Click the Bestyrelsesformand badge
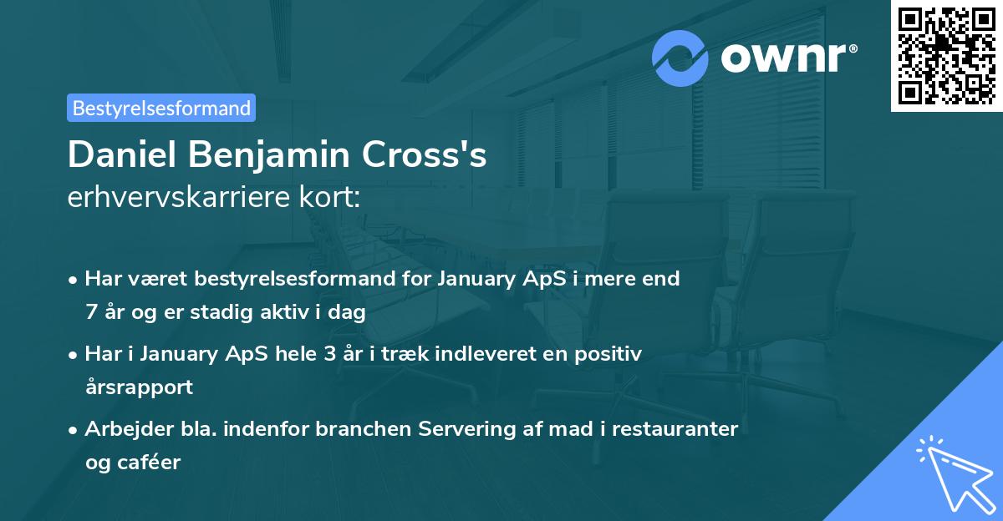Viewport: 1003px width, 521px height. tap(161, 108)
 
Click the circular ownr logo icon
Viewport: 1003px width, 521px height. tap(680, 58)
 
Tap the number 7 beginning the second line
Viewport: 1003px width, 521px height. tap(90, 312)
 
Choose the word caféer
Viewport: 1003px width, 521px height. tap(152, 463)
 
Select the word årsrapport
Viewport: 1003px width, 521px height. tap(139, 387)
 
